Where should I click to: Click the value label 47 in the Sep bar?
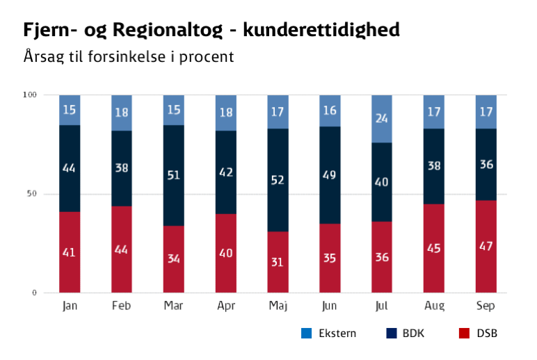point(486,247)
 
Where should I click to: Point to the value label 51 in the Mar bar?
point(173,175)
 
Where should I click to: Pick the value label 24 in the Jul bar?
point(382,119)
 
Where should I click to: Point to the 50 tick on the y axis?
point(31,194)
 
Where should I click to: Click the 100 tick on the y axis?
point(29,95)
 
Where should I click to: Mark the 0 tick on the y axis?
point(33,293)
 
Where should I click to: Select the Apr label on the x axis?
point(225,306)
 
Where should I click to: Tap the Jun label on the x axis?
point(330,306)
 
